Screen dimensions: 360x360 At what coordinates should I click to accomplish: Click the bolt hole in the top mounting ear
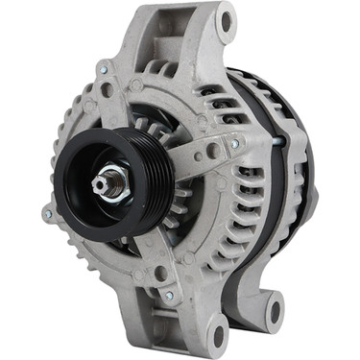[226, 18]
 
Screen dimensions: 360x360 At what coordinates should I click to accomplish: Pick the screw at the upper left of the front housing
[102, 67]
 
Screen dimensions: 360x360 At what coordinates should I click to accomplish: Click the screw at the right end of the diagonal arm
[234, 143]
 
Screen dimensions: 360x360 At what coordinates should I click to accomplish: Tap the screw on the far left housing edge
[46, 213]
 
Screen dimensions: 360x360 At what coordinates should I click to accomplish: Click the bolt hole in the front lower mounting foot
[218, 334]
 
